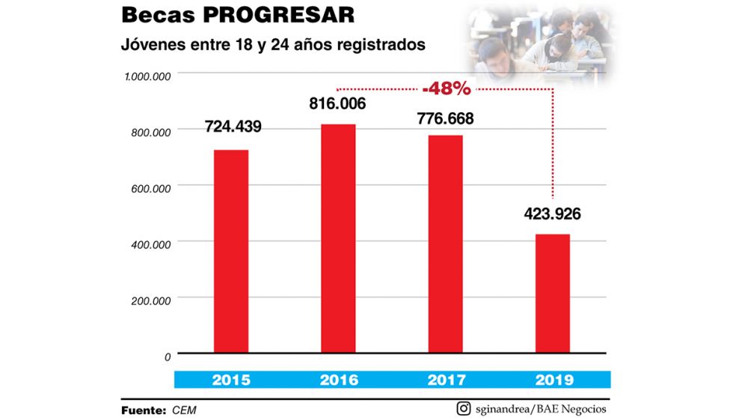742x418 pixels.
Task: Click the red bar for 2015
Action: (231, 251)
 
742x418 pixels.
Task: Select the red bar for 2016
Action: (338, 238)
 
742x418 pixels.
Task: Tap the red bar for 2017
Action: (445, 243)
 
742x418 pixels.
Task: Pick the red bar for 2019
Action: (553, 293)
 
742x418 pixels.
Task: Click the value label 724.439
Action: (232, 127)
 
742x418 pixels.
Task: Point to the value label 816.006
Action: (338, 103)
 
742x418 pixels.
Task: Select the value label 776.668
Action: (445, 118)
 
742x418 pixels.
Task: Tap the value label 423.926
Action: (552, 213)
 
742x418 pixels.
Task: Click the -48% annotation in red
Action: (446, 88)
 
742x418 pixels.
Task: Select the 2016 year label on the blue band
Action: (338, 380)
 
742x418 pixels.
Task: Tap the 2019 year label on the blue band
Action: (553, 380)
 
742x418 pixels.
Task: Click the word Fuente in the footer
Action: (143, 410)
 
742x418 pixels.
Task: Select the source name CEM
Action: (185, 410)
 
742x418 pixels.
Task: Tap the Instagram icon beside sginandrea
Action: (463, 408)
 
